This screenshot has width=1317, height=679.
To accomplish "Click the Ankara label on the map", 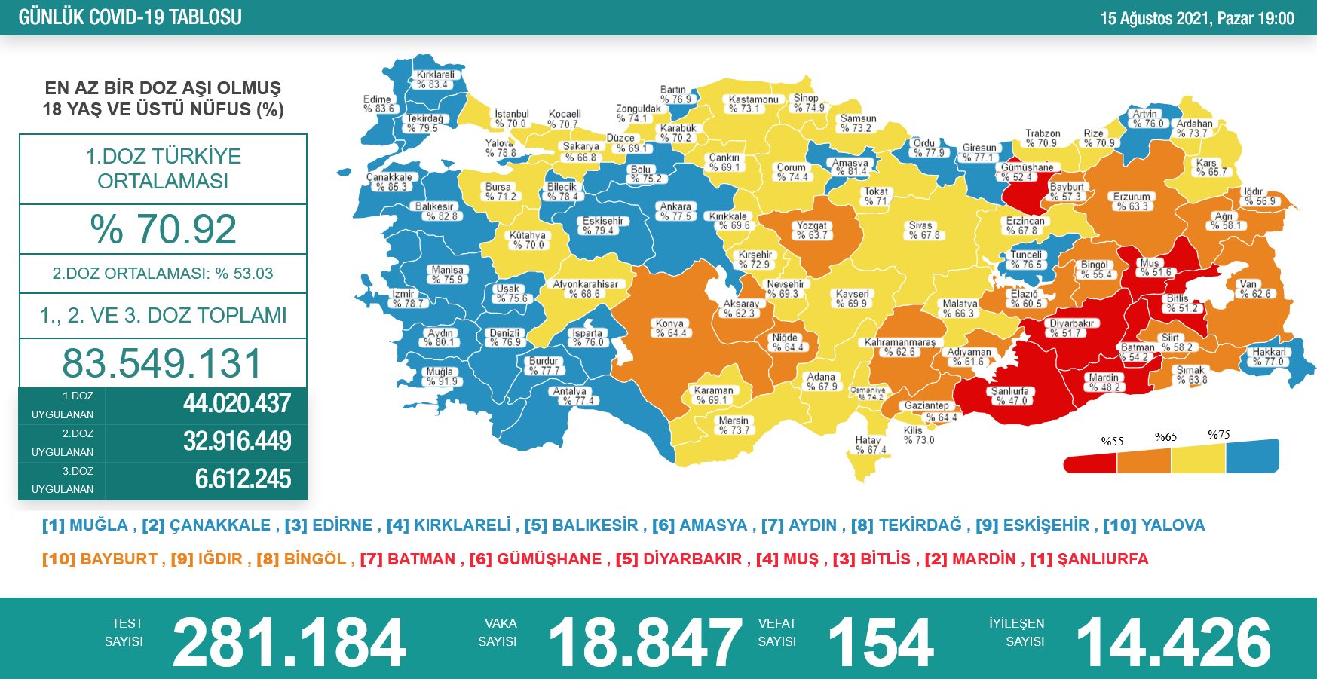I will tap(675, 211).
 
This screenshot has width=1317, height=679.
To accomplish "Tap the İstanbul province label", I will tap(512, 118).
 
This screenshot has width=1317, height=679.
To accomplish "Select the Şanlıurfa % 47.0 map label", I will tap(1009, 396).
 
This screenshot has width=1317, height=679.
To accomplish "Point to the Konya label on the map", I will tap(669, 328).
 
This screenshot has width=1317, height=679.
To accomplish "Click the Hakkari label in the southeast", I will tap(1270, 356).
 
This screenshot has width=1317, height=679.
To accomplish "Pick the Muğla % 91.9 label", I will tap(440, 376).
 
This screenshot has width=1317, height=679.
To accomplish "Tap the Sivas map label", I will tap(920, 230).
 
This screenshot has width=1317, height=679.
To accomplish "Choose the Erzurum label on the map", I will tap(1132, 201).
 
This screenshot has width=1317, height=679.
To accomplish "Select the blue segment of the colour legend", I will tap(1252, 457).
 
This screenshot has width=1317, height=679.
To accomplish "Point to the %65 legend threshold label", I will tap(1165, 437).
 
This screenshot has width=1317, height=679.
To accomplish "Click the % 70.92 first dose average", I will tap(163, 229).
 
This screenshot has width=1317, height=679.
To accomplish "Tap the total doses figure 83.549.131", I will tap(162, 363).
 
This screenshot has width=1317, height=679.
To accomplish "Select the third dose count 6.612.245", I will tap(243, 479).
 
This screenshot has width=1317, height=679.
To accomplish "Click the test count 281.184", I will tap(289, 642).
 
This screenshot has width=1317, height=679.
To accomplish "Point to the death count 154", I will tap(881, 642).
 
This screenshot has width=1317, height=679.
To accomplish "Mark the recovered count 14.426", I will tap(1173, 642).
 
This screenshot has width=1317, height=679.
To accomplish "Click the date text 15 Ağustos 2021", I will tap(1155, 18).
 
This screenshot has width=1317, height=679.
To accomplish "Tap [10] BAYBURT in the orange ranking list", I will tap(100, 559).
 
